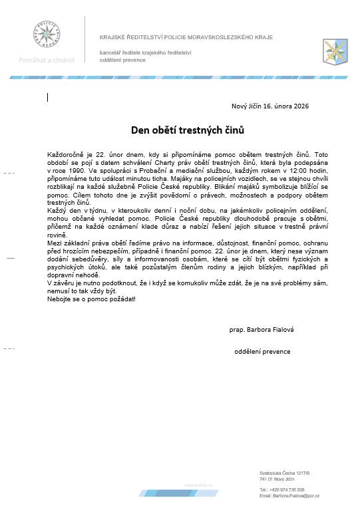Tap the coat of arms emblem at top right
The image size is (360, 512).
[335, 50]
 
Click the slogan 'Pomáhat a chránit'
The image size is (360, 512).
[46, 60]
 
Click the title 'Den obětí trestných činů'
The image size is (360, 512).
[180, 128]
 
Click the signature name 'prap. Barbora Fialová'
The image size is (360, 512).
[262, 329]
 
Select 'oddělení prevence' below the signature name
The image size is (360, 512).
[262, 351]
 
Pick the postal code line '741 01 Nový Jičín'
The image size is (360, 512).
[277, 479]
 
